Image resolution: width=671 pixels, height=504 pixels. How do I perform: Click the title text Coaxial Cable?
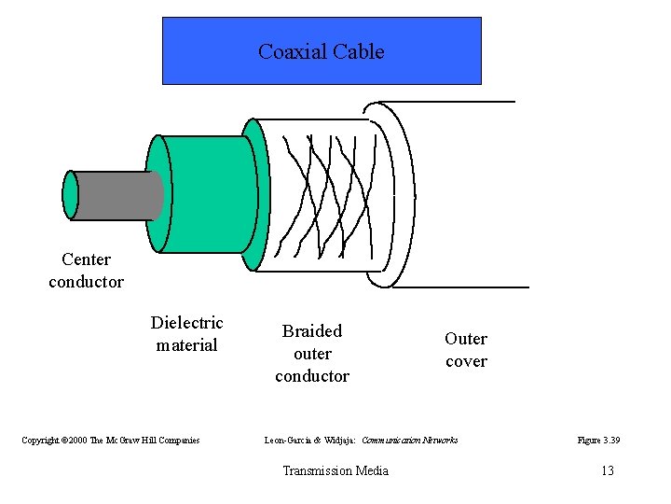[x=321, y=52]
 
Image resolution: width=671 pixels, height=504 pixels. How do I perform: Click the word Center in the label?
[x=86, y=259]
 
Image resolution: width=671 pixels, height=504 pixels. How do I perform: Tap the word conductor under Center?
[x=86, y=281]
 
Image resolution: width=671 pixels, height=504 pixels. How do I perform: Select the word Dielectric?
[x=186, y=323]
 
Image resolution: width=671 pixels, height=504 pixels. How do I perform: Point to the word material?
[x=186, y=345]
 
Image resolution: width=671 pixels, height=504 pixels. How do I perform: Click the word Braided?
[x=312, y=331]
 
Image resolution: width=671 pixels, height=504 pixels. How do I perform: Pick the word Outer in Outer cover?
[x=466, y=339]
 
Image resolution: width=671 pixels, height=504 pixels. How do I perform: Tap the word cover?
[x=466, y=361]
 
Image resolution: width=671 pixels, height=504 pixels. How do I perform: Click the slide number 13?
[x=607, y=470]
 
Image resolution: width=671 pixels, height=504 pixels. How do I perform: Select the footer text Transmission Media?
[x=335, y=470]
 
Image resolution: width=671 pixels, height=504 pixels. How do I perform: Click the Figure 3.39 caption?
[x=598, y=440]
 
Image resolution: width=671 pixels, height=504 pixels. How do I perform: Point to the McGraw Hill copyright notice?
[x=111, y=440]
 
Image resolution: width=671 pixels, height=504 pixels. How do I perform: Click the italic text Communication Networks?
[x=409, y=440]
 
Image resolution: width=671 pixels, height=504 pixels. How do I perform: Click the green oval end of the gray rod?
[x=70, y=195]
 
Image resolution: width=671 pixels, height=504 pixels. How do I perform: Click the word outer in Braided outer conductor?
[x=312, y=354]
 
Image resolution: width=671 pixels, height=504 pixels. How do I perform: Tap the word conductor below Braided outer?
[x=312, y=376]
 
